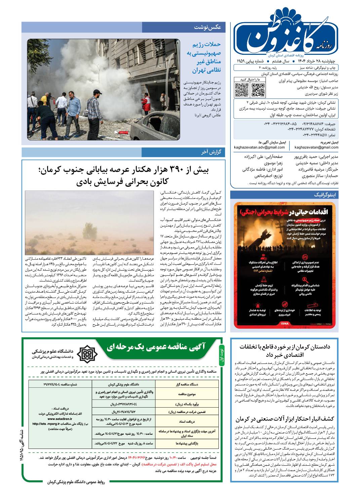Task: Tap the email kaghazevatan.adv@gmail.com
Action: (x=259, y=147)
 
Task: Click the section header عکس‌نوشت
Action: (x=207, y=27)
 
